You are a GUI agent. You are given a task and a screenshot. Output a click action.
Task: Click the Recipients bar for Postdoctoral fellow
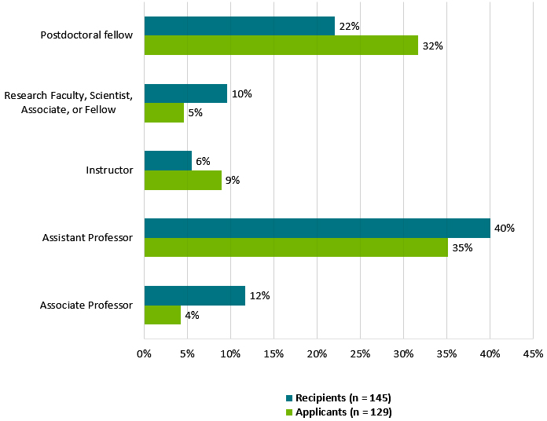coord(239,26)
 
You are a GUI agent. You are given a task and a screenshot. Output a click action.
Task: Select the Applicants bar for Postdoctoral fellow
coord(281,46)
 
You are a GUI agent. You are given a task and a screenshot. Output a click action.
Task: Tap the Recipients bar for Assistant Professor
coord(317,228)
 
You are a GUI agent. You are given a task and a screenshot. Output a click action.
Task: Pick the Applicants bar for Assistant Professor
coord(296,247)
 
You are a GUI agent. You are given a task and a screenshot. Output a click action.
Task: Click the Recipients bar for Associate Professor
coord(194,295)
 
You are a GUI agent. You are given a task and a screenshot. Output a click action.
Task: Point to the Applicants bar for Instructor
coord(182,180)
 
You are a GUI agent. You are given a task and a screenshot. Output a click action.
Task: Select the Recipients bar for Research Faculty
coord(185,93)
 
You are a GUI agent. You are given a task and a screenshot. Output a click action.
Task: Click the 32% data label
coord(432,46)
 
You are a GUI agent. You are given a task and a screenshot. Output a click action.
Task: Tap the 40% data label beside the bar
coord(504,229)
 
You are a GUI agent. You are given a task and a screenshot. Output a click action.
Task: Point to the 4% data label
coord(192,315)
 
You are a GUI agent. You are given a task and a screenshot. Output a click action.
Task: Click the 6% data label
coord(203,161)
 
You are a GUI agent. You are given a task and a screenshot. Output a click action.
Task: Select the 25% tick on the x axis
coord(360,354)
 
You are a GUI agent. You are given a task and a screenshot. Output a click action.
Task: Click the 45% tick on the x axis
coord(533,354)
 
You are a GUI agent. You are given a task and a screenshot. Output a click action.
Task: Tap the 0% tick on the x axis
coord(144,354)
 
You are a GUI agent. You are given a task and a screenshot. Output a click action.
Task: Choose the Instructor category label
coord(109,170)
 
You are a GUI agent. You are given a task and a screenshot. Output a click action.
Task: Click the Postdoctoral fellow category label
coord(86,35)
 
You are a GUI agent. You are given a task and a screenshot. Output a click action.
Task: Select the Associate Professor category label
coord(86,305)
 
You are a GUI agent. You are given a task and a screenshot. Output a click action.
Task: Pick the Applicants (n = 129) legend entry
coord(343,412)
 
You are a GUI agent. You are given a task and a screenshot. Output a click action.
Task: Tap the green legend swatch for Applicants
coord(289,412)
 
